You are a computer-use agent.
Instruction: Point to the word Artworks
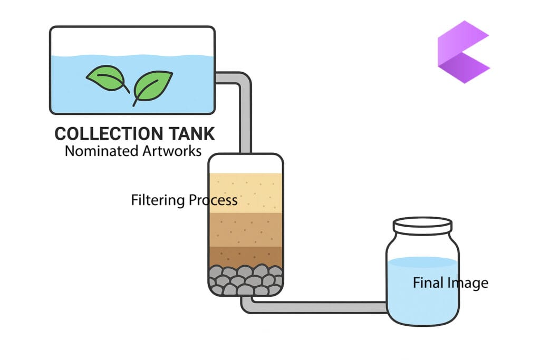172,151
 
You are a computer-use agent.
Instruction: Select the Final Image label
450,283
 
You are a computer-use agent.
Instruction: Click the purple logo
462,52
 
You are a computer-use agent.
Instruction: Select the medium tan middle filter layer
245,229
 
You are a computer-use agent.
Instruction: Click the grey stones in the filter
245,279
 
